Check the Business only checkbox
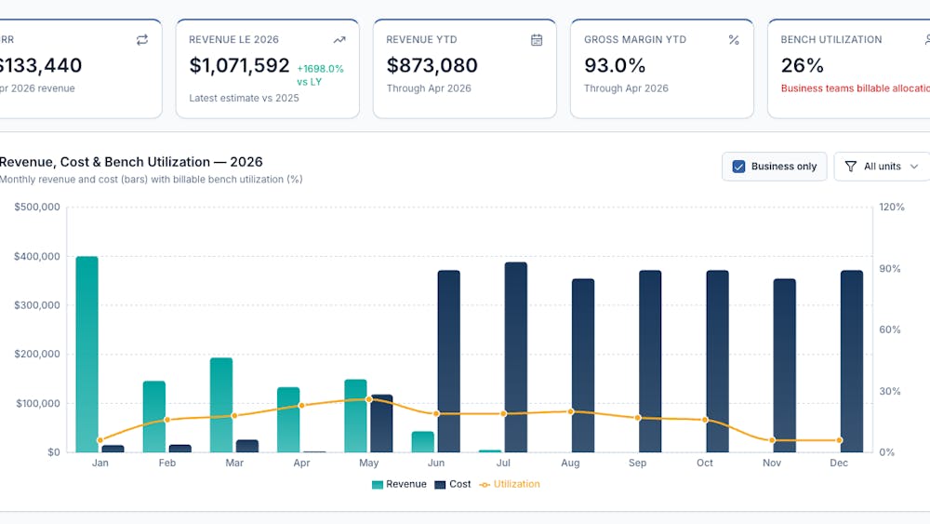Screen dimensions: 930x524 point(738,167)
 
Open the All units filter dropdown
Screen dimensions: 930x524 point(882,167)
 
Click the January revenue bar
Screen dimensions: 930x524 point(87,355)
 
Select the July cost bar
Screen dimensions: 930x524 point(516,357)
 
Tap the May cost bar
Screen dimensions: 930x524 point(382,423)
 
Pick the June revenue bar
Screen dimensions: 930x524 point(423,441)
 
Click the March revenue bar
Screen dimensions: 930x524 point(221,405)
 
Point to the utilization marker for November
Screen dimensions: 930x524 point(772,440)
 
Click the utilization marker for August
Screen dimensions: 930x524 point(571,411)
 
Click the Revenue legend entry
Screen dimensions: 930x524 point(399,484)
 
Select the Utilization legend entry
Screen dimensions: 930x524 point(510,484)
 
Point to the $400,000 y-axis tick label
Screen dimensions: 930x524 point(37,256)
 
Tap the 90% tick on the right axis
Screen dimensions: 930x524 point(890,269)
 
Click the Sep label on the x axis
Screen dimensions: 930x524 point(638,463)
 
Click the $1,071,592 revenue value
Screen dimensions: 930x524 point(240,65)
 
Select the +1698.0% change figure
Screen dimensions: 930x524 point(320,69)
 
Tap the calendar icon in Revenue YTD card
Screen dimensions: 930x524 point(537,40)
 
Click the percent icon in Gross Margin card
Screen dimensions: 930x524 point(734,40)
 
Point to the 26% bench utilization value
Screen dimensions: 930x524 point(802,65)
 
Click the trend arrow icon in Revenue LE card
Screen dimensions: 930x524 point(339,40)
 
